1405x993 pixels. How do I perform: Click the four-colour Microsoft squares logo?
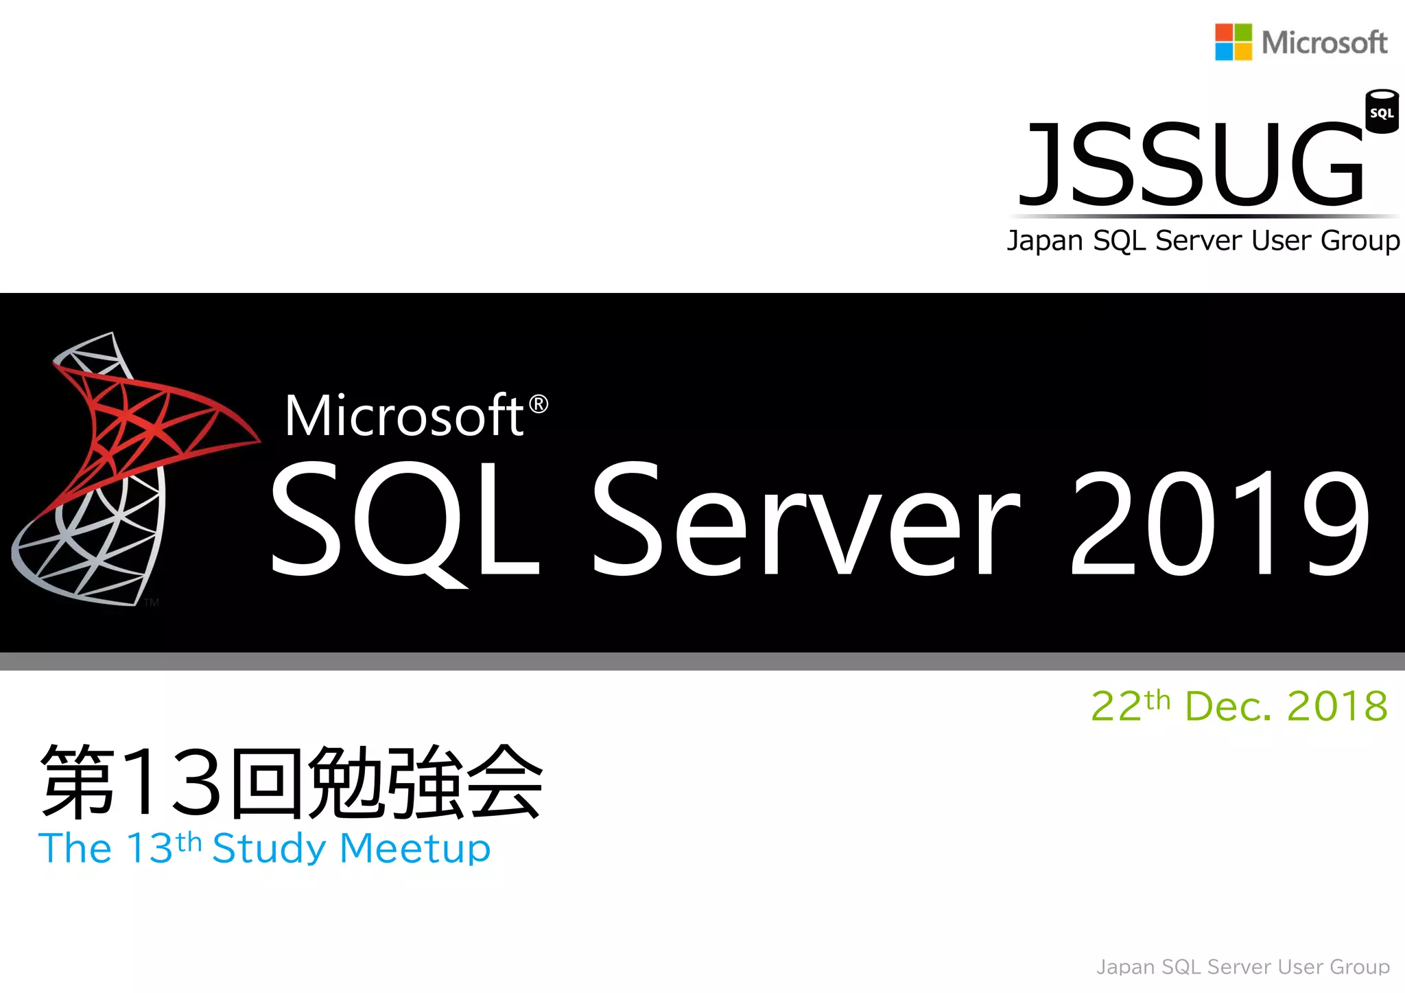pos(1233,42)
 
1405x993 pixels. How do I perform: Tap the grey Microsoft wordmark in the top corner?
pos(1324,43)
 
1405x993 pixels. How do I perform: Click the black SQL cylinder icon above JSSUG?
pos(1381,111)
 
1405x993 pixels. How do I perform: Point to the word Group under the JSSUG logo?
pos(1360,242)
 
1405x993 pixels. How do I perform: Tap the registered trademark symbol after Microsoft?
pos(539,405)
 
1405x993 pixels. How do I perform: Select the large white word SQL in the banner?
pos(405,520)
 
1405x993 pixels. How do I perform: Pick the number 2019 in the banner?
pos(1219,523)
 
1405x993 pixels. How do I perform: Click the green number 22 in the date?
pos(1116,707)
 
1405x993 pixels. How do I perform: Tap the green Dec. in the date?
pos(1228,707)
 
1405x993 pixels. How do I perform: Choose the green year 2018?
pos(1338,707)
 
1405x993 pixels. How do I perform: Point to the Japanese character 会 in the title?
pos(504,782)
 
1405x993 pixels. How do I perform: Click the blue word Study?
pos(269,849)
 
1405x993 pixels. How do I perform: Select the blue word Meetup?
pos(415,849)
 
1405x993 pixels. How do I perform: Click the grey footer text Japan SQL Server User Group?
pos(1242,967)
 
